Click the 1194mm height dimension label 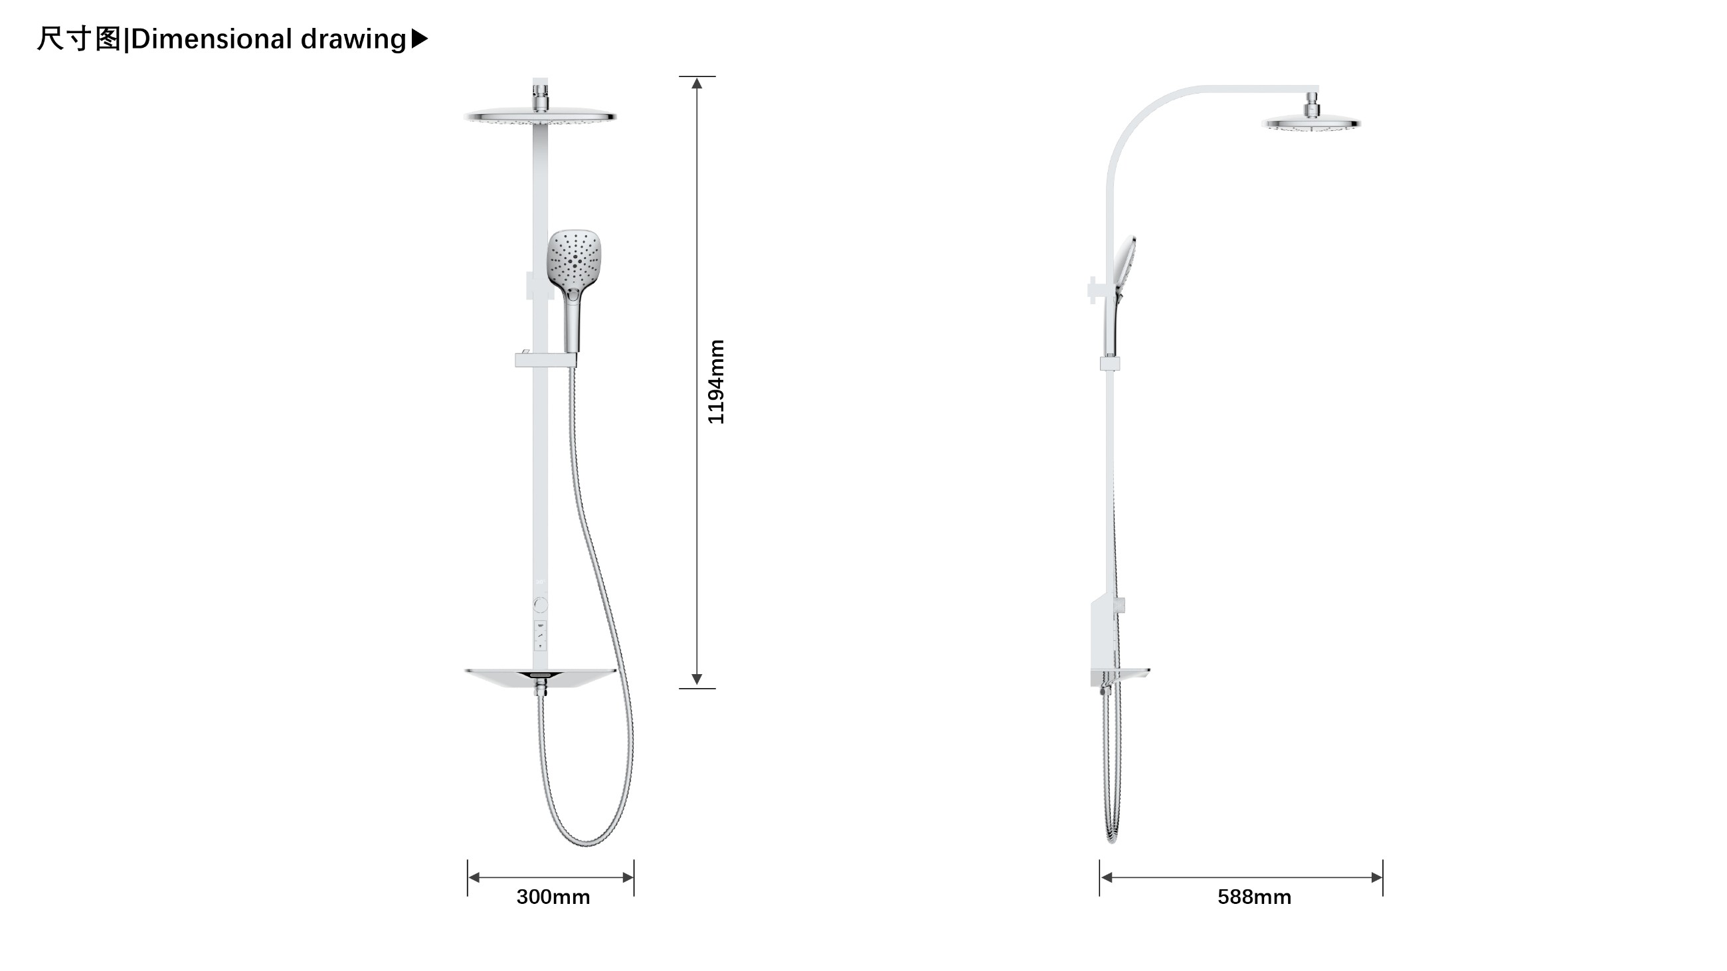(716, 382)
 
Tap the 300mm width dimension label (553, 897)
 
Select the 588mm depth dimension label (1254, 897)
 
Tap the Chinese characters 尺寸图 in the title (79, 39)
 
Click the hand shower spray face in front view (575, 258)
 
